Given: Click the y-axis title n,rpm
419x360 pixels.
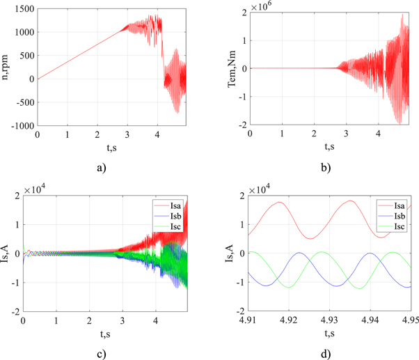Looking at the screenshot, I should pyautogui.click(x=8, y=68).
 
